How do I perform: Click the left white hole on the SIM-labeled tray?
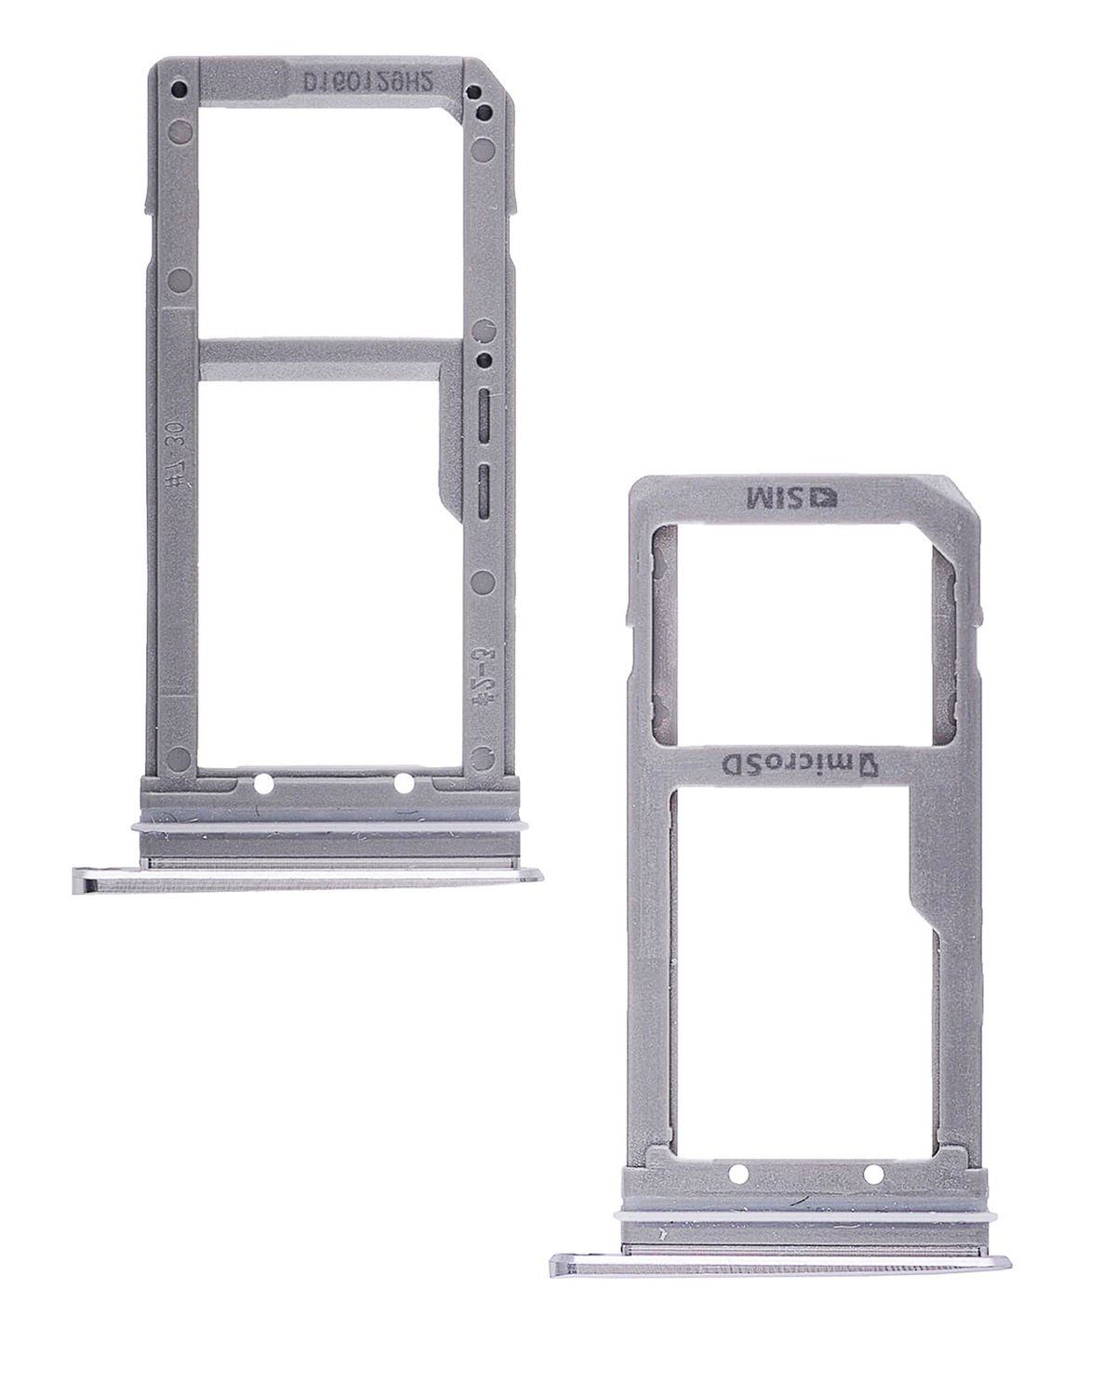click(737, 1173)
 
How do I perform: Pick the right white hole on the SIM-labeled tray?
click(874, 1173)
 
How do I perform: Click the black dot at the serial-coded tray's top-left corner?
click(179, 91)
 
